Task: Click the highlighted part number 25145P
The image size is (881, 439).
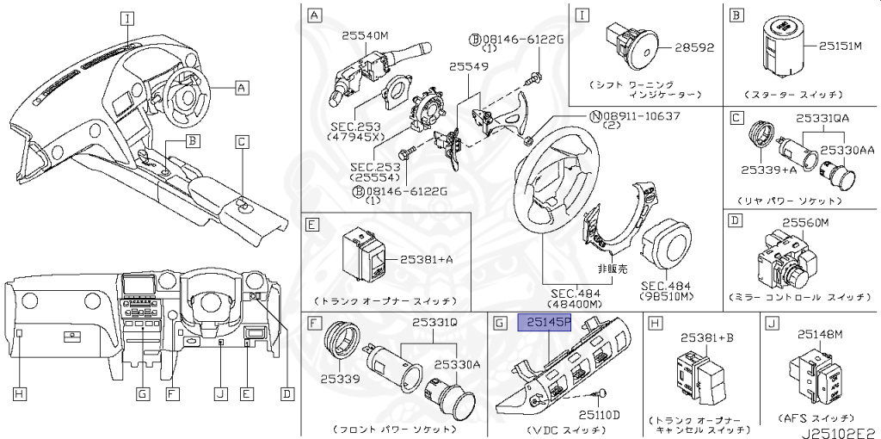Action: click(x=543, y=323)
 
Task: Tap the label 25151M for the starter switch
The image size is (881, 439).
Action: click(x=845, y=46)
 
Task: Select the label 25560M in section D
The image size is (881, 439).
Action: click(x=804, y=222)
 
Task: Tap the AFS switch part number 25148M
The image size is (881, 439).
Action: click(x=822, y=335)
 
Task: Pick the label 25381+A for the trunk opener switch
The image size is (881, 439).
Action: click(x=428, y=259)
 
